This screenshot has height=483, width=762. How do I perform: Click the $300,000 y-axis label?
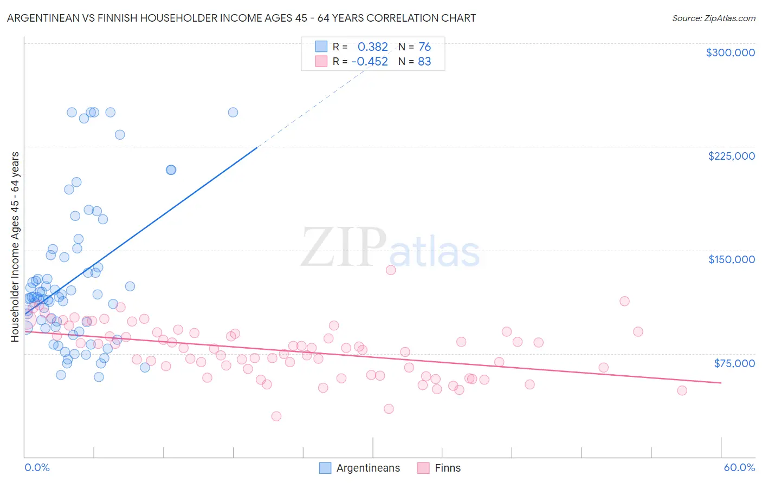click(730, 53)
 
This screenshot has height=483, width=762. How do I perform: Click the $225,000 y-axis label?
click(731, 156)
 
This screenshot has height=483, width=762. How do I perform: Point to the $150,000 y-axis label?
click(731, 259)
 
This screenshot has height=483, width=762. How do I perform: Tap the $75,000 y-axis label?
click(734, 363)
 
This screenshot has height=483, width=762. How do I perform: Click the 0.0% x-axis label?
click(37, 468)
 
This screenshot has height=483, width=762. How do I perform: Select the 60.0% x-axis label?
click(739, 468)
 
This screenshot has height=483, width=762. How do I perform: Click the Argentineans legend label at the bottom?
click(368, 468)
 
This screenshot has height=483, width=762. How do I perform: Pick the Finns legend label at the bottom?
click(448, 468)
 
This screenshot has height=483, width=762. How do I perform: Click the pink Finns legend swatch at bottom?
click(423, 468)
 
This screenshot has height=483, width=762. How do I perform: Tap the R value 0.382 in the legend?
click(372, 47)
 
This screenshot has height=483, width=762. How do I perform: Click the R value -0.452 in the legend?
click(370, 62)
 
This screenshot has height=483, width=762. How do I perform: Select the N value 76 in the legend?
click(424, 47)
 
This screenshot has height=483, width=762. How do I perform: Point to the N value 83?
click(424, 62)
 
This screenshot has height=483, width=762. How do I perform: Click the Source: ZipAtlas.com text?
click(713, 18)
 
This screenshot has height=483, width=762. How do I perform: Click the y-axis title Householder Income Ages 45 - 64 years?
click(15, 247)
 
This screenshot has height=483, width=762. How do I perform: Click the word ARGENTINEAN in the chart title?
click(42, 18)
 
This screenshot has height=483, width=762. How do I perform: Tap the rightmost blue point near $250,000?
click(233, 113)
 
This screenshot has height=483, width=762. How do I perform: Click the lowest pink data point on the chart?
click(276, 416)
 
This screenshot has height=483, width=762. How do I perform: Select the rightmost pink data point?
click(682, 390)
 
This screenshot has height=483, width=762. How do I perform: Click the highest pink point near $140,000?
click(391, 270)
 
